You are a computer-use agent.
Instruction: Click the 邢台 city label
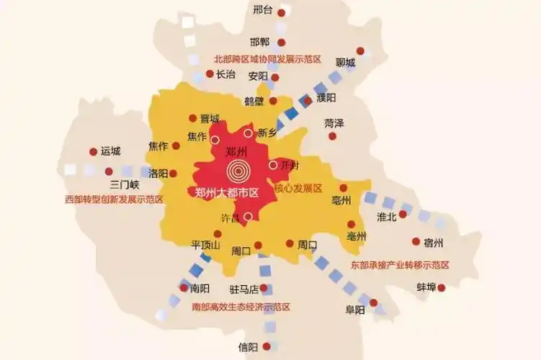263,10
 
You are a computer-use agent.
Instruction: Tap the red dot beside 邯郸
282,42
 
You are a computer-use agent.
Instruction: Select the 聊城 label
345,63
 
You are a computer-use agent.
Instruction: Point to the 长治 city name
225,73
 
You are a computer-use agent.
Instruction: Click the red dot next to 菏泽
332,135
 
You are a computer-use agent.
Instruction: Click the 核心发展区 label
298,188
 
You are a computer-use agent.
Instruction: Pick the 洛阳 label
158,174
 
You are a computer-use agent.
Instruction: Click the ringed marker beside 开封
273,165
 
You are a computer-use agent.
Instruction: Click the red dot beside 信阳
267,346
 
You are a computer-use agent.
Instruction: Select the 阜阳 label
355,310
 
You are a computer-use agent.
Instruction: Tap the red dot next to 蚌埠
442,288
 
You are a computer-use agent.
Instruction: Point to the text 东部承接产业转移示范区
400,265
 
